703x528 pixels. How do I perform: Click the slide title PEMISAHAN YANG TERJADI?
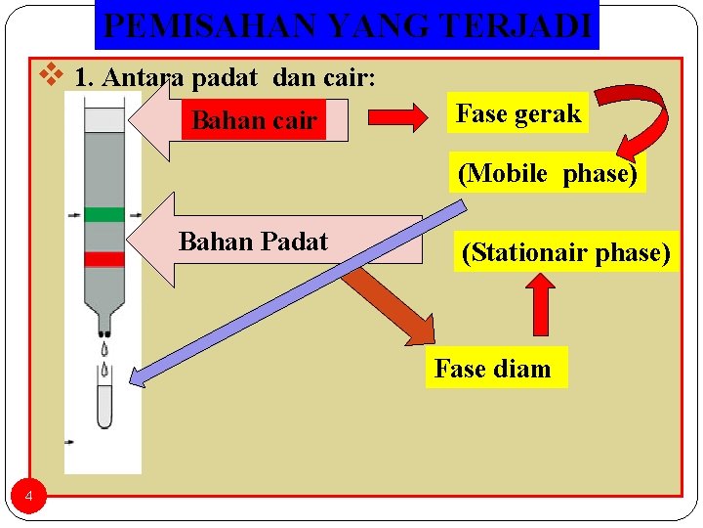[x=347, y=25]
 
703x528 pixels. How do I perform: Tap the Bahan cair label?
[x=254, y=121]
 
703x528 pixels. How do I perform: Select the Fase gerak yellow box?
[x=517, y=114]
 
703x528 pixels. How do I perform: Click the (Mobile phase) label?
[x=548, y=173]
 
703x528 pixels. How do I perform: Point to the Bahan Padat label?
[x=253, y=242]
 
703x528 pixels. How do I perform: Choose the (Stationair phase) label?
[x=565, y=253]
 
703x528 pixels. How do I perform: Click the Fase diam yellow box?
[x=494, y=369]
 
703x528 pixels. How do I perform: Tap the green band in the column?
[x=103, y=214]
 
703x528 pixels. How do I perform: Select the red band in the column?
[x=103, y=259]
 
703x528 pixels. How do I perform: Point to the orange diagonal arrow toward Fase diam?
[x=391, y=303]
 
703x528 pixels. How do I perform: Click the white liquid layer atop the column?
[x=104, y=119]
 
